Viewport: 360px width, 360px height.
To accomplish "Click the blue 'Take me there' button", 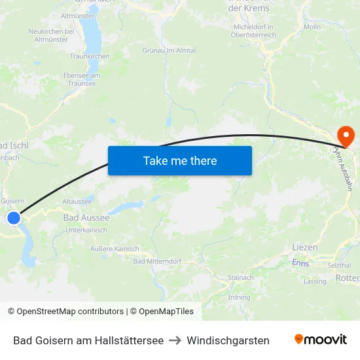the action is coord(180,160).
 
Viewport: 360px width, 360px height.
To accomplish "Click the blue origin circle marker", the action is coord(14,218).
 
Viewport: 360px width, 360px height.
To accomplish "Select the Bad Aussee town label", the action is coord(86,217).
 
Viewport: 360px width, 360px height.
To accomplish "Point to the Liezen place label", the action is coord(305,247).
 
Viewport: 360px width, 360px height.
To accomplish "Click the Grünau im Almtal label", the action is coord(169,50).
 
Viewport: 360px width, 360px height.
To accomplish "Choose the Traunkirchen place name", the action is coord(90,57).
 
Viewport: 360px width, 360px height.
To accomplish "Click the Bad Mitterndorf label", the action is coord(157,261).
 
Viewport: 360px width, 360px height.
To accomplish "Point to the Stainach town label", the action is coord(240,278).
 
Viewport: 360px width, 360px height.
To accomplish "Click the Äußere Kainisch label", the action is coord(115,249).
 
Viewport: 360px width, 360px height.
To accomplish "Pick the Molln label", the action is coord(312,27).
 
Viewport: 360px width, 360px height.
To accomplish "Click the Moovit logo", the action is coord(320,340).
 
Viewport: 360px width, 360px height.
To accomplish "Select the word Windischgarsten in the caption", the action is coord(228,340).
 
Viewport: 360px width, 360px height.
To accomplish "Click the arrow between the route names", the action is coord(175,340).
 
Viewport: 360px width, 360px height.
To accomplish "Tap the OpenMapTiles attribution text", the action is coord(162,312).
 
